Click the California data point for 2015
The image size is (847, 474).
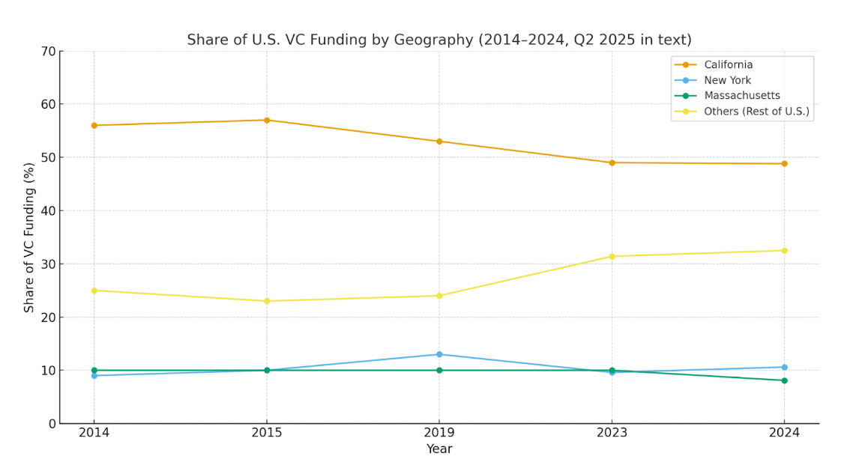click(267, 120)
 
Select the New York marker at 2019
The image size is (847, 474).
click(439, 354)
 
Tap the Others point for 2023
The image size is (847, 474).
click(612, 256)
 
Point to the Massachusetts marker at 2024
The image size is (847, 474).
click(784, 380)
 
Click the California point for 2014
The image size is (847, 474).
click(94, 125)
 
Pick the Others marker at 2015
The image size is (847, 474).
click(267, 301)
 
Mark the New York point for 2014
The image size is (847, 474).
click(94, 375)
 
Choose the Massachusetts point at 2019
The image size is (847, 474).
click(439, 370)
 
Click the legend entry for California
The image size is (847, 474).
click(728, 65)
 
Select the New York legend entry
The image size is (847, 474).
click(727, 80)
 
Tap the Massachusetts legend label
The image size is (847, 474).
click(741, 96)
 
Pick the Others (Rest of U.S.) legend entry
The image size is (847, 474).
click(756, 112)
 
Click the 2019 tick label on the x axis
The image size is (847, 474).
click(439, 432)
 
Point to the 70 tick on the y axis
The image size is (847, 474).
click(48, 51)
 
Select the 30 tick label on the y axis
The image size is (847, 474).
click(48, 264)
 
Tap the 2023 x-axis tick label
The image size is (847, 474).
click(612, 432)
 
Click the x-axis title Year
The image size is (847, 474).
click(439, 449)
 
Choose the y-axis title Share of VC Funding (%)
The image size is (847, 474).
click(29, 237)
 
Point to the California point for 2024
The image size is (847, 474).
click(784, 163)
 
